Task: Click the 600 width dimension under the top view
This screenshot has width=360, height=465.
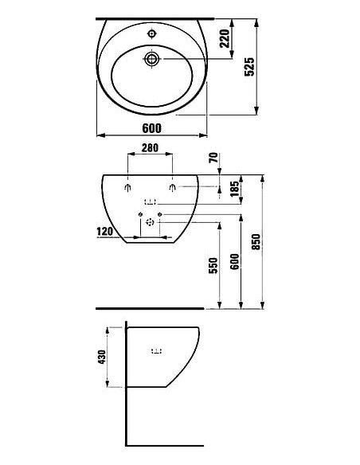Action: tap(152, 128)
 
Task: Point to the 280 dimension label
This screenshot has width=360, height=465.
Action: tap(151, 148)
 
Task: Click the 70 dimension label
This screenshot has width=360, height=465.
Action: tap(213, 158)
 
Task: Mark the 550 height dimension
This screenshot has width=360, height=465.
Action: tap(213, 267)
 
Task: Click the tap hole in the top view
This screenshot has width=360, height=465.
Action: tap(151, 34)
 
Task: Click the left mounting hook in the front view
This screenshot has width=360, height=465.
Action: tap(128, 188)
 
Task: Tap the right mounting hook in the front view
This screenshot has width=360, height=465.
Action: tap(173, 188)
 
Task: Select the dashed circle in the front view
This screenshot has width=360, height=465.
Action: tap(150, 224)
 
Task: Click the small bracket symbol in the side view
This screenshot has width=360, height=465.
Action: tap(155, 350)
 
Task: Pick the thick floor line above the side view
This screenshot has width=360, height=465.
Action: tap(149, 307)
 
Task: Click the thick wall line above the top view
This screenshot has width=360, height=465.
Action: tap(156, 18)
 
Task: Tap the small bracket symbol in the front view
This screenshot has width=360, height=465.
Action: tap(150, 201)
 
